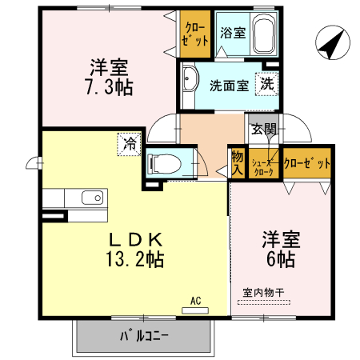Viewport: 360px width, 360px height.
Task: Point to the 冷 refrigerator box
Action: (x=128, y=144)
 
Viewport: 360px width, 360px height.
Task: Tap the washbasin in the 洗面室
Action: (x=190, y=79)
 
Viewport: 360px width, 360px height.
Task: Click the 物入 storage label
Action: (x=237, y=163)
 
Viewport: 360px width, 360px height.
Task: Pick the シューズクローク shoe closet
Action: (x=263, y=165)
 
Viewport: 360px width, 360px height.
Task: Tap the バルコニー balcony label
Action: (x=144, y=336)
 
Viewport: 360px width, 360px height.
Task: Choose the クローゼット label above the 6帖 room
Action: (x=307, y=164)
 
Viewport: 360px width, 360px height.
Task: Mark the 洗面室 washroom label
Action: (x=228, y=86)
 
